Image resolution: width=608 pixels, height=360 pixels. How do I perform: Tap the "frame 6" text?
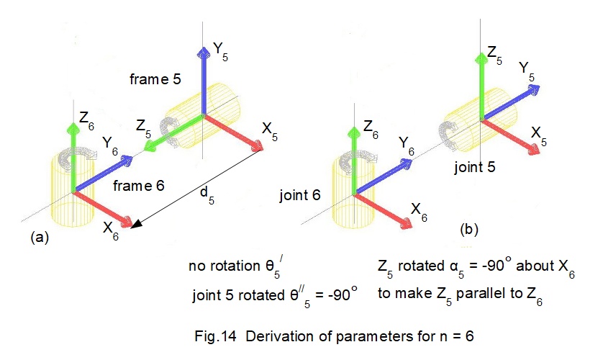click(x=139, y=185)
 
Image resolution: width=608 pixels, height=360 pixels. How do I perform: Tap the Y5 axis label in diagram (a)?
click(x=222, y=51)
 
